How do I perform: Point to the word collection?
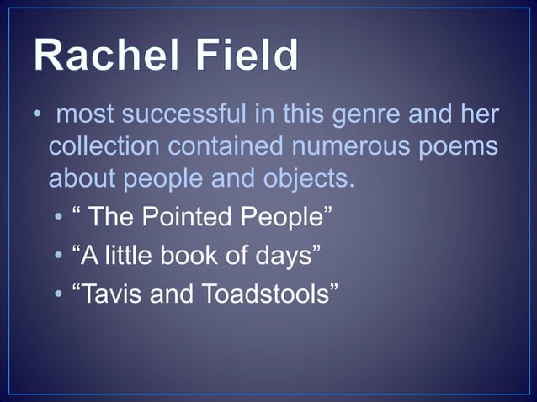104,146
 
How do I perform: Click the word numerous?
350,146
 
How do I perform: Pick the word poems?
458,146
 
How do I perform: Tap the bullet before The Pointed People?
58,218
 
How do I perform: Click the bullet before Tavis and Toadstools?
58,295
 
